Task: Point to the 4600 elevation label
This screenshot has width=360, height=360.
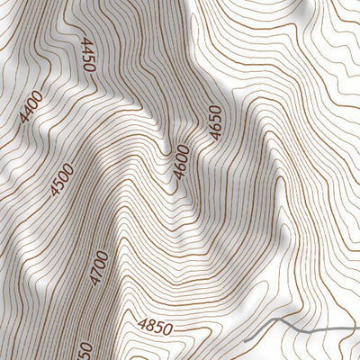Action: [183, 161]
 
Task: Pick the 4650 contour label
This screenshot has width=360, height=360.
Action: [214, 122]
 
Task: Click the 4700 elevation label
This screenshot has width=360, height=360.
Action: [99, 268]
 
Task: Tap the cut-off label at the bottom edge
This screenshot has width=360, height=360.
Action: [85, 349]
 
